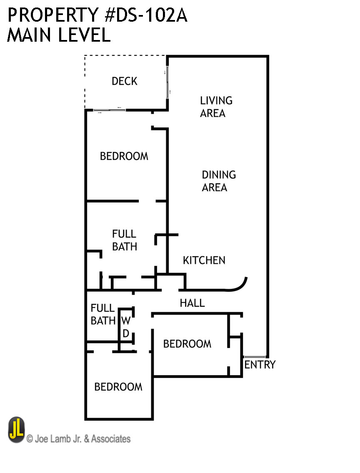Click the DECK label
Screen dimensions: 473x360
pos(125,81)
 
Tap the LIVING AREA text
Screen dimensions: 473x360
pos(216,107)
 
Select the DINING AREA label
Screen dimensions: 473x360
pos(218,181)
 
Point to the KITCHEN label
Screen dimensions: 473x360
pos(204,260)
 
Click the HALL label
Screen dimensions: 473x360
pos(192,303)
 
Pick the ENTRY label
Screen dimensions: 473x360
pos(260,365)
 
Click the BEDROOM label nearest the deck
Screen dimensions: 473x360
pos(124,156)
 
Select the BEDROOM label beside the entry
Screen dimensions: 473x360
pos(187,344)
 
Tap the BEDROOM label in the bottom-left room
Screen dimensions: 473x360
pos(118,387)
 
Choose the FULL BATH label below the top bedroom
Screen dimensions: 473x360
pos(124,240)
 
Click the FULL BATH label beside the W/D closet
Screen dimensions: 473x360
pos(102,314)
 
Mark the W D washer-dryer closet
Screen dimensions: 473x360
pos(126,327)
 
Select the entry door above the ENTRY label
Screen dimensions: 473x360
pos(254,357)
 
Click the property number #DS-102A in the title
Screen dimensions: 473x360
pos(146,15)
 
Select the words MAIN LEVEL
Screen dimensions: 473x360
pos(59,35)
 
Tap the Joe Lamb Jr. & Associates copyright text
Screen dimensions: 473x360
pos(78,439)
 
